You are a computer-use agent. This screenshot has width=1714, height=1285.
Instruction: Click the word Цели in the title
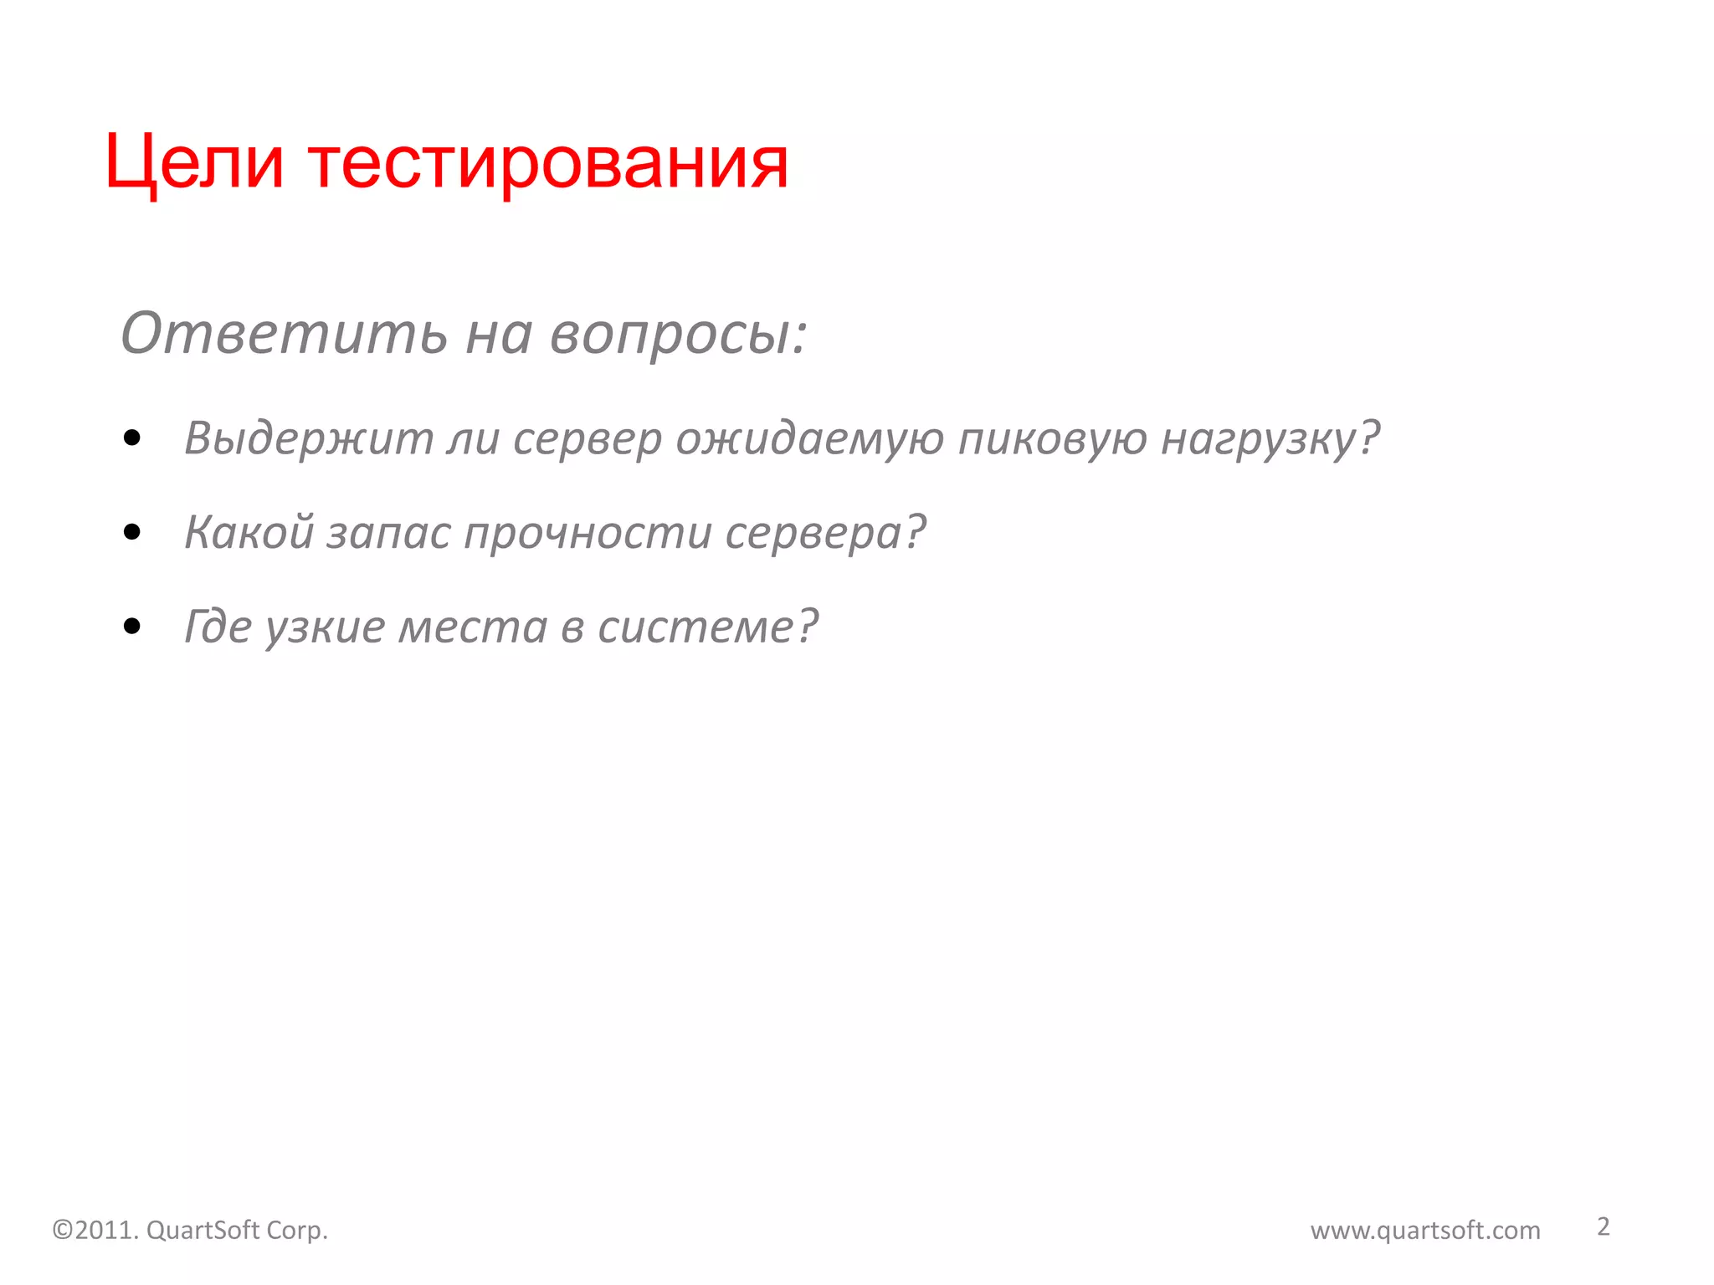coord(194,162)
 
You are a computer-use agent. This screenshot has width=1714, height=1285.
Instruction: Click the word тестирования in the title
coord(548,162)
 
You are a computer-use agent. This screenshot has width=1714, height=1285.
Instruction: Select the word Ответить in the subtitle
coord(284,333)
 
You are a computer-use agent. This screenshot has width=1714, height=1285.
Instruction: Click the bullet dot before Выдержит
coord(131,438)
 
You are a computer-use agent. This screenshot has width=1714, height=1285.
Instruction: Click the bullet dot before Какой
coord(131,532)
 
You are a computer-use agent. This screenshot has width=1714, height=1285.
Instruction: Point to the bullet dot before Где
coord(131,626)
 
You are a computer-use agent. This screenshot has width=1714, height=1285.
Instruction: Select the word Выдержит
coord(308,438)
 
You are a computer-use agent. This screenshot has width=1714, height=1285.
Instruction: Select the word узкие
coord(325,626)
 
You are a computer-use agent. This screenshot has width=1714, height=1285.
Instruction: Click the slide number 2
coord(1603,1226)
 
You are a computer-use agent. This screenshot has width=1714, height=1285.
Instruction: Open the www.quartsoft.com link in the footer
coord(1425,1230)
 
